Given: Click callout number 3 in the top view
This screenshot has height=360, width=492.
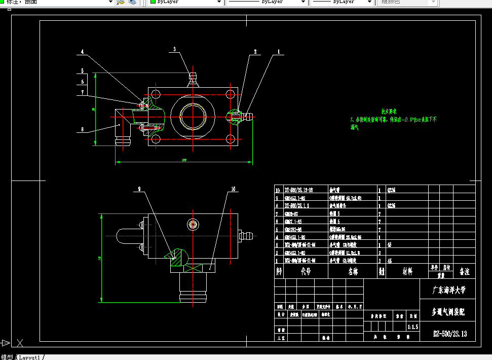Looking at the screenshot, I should (174, 49).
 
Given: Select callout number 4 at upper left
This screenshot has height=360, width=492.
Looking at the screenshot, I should (82, 51).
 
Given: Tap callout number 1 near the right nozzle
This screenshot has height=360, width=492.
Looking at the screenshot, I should (278, 51).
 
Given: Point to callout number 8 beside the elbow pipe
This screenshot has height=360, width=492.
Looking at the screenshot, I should (82, 130).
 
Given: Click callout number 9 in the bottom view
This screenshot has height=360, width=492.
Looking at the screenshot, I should (139, 189).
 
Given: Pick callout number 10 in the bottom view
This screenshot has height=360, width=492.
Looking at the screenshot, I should (233, 189).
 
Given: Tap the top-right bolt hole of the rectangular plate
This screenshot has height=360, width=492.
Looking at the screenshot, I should (231, 93).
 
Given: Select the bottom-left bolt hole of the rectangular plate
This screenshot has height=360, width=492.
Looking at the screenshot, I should (156, 140).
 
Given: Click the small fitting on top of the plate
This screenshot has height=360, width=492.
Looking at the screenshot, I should (193, 79).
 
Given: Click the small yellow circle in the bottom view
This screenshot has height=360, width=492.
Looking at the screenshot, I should (193, 224).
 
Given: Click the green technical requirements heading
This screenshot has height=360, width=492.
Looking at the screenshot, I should (388, 111).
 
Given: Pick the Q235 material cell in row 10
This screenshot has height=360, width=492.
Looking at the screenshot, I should (391, 191).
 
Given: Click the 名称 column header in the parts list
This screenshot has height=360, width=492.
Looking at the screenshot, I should (353, 272).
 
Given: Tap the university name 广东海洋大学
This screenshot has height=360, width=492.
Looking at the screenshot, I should (448, 291).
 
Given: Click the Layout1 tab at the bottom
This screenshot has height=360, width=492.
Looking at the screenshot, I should (30, 357).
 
